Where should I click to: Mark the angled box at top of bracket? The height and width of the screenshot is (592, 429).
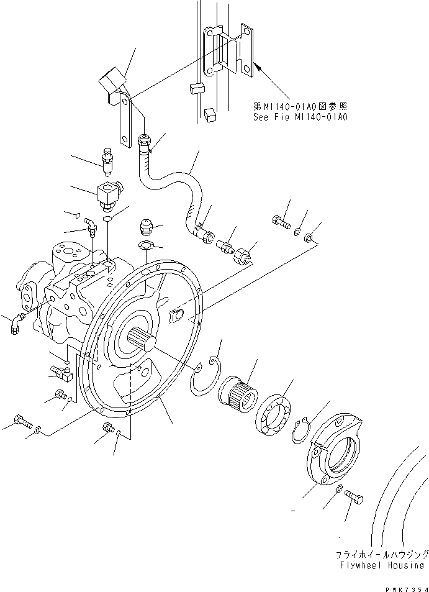coord(110,86)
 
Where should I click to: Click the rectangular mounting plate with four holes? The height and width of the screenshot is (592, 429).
coord(246,53)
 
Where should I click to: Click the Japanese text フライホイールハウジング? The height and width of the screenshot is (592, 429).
coord(381,553)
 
